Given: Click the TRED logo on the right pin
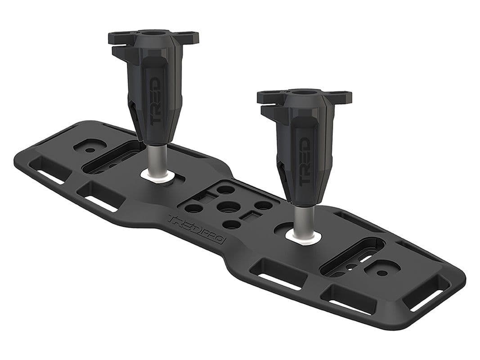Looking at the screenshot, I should click(x=304, y=160).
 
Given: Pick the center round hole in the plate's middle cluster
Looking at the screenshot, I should click(x=226, y=207).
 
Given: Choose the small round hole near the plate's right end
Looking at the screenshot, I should click(x=381, y=272).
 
